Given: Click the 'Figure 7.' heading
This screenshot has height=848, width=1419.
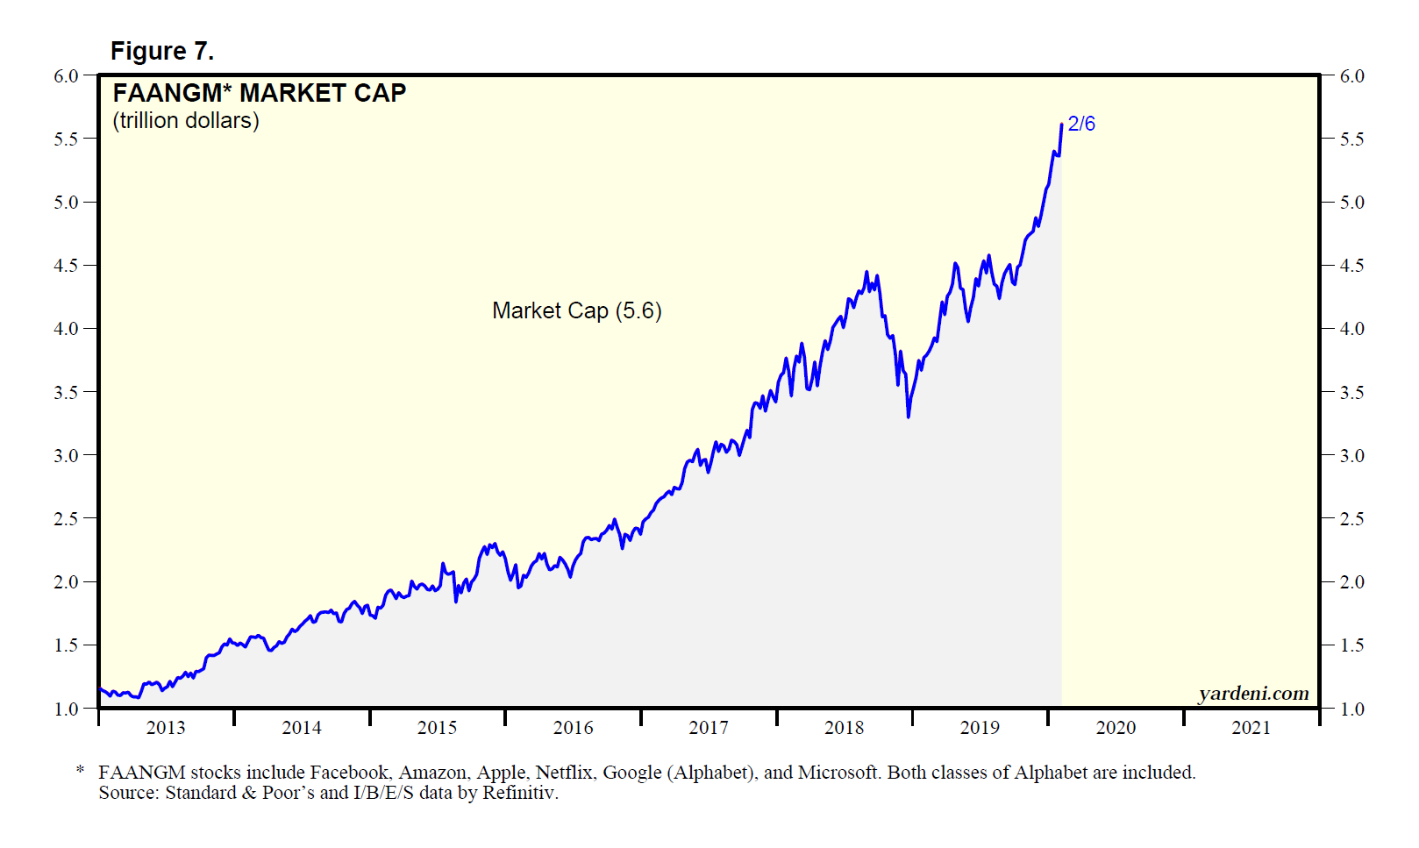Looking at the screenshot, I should pyautogui.click(x=162, y=52).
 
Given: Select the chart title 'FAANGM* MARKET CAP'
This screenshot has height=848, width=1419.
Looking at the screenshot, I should pyautogui.click(x=260, y=93).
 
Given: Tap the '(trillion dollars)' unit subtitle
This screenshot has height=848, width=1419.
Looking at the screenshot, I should pyautogui.click(x=186, y=120).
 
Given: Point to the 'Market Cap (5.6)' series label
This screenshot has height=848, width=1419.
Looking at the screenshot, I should pyautogui.click(x=576, y=310).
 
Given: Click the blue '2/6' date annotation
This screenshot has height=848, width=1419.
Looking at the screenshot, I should pyautogui.click(x=1081, y=124).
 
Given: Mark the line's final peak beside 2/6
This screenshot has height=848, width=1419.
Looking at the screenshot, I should pyautogui.click(x=1061, y=125).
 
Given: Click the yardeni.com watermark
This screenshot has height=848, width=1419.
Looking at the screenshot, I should pyautogui.click(x=1253, y=694).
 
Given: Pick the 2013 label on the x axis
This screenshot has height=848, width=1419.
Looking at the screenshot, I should pyautogui.click(x=166, y=727).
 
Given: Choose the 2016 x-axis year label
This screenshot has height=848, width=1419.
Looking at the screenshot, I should pyautogui.click(x=573, y=727).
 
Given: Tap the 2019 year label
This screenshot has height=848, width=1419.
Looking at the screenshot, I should pyautogui.click(x=980, y=727).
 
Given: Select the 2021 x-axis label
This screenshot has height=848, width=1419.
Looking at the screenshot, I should pyautogui.click(x=1251, y=727).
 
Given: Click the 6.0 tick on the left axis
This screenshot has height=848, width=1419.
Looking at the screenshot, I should pyautogui.click(x=66, y=76).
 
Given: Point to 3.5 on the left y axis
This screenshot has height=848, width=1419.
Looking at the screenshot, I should pyautogui.click(x=66, y=392).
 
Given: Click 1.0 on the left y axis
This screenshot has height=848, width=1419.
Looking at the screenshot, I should pyautogui.click(x=66, y=709).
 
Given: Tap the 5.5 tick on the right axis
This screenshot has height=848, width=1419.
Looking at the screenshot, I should pyautogui.click(x=1352, y=139).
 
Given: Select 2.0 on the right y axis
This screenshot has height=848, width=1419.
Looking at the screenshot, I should pyautogui.click(x=1352, y=582).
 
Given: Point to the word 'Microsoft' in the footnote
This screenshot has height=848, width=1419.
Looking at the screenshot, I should pyautogui.click(x=838, y=773).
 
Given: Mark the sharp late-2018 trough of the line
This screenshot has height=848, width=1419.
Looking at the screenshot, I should pyautogui.click(x=908, y=417).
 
